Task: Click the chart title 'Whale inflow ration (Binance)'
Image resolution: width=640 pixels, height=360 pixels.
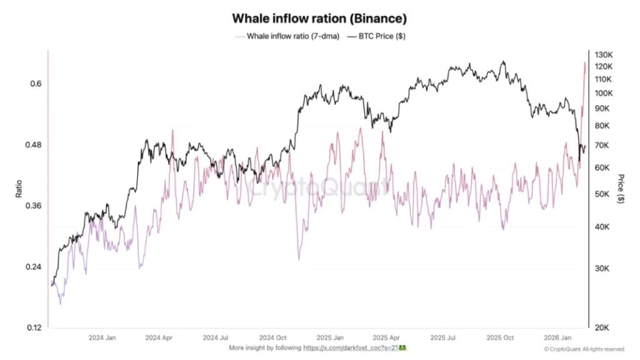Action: pos(319,19)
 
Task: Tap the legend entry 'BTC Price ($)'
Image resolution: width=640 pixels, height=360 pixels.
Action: pos(379,36)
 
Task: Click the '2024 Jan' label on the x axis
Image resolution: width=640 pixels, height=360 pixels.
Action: pos(102,337)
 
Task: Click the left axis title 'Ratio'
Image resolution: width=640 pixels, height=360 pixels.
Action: pos(19,189)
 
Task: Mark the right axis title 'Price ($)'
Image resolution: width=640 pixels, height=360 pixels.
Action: pos(620,189)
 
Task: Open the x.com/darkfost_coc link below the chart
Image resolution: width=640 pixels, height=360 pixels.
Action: pos(351,347)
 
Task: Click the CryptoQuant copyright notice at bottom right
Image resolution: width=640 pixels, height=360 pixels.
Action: pos(583,349)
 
